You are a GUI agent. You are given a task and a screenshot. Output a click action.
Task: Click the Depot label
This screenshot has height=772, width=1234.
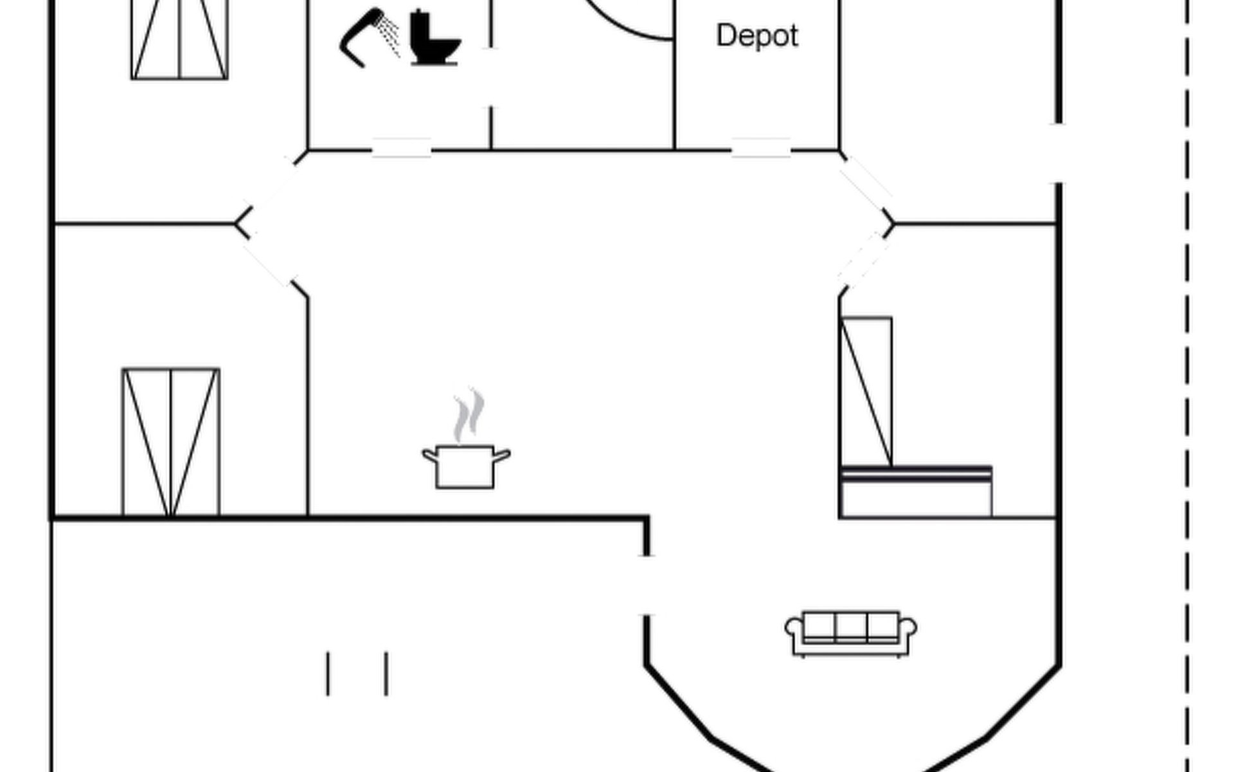757,36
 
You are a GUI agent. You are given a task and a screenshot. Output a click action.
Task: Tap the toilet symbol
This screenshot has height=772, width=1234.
434,39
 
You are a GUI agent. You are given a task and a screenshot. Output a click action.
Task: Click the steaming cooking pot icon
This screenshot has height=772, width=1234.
466,464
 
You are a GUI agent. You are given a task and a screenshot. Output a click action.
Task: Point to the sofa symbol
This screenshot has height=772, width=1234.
850,633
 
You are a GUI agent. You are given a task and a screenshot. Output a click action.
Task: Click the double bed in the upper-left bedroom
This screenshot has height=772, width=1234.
179,40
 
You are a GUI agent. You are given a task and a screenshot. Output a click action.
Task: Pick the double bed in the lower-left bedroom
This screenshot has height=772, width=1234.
171,442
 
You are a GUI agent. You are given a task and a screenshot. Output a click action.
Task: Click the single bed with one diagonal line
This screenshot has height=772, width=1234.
866,391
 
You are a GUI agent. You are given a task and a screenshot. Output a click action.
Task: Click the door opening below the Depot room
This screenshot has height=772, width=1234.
761,149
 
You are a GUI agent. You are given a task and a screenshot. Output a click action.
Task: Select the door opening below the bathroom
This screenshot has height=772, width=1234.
401,149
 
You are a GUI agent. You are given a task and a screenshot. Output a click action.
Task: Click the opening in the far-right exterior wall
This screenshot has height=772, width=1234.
1058,153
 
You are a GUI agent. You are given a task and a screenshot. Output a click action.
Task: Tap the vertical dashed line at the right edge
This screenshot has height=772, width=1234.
1186,386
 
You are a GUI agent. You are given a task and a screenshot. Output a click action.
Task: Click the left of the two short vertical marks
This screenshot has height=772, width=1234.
328,674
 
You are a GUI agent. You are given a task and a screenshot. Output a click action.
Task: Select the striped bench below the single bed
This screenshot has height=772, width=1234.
916,474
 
